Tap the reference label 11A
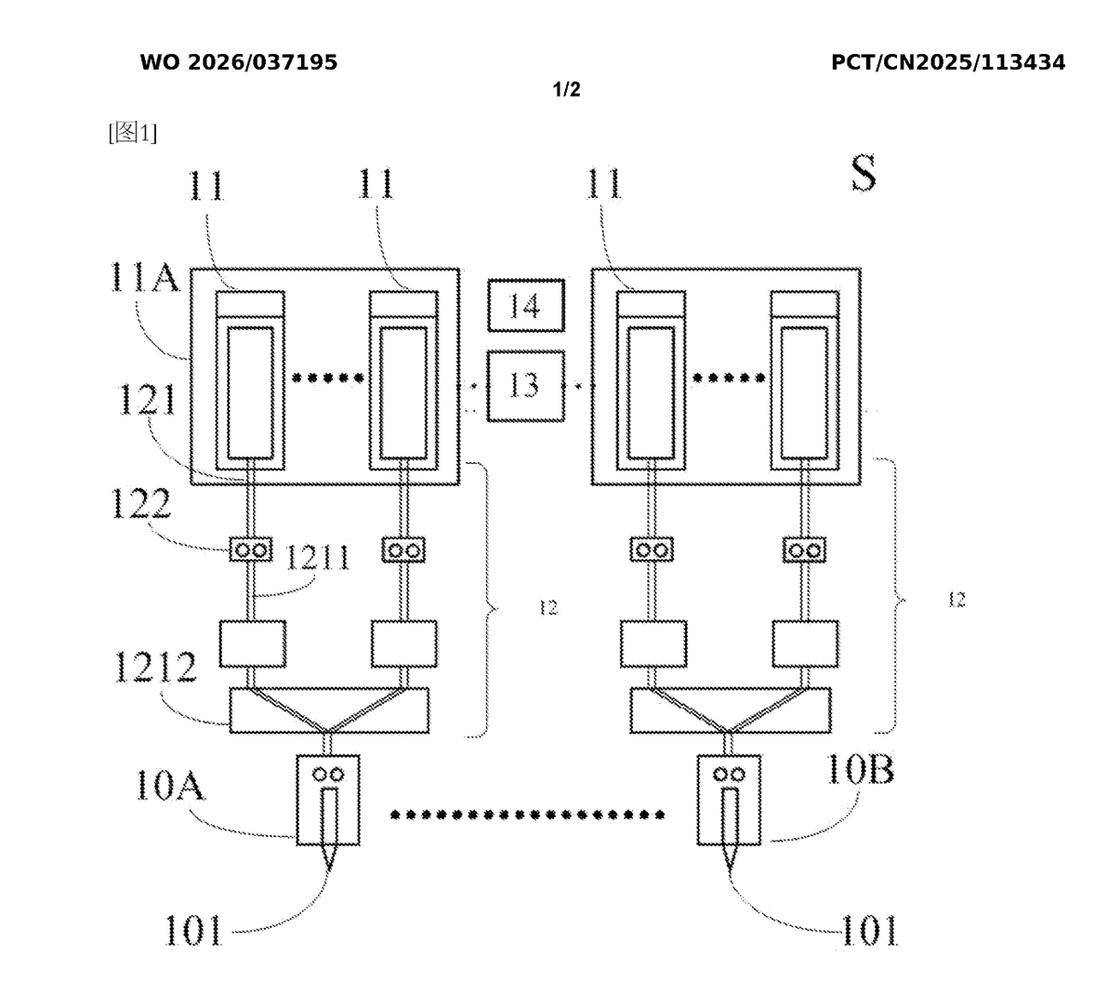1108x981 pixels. pos(144,277)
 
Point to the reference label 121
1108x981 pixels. pos(146,399)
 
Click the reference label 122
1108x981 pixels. pos(141,503)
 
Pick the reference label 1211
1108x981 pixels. pos(317,558)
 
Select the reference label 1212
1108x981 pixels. pos(154,667)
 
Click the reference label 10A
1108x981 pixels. pos(169,785)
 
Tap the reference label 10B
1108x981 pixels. pos(860,769)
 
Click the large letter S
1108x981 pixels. pos(864,174)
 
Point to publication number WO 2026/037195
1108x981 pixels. pos(239,62)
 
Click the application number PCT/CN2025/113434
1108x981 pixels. pos(948,62)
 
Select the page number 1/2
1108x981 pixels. pos(567,89)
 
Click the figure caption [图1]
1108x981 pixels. pos(133,132)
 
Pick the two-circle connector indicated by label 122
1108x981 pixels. pos(251,550)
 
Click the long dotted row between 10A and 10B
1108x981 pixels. pos(527,815)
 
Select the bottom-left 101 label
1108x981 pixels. pos(193,930)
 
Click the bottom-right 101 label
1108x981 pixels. pos(869,930)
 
